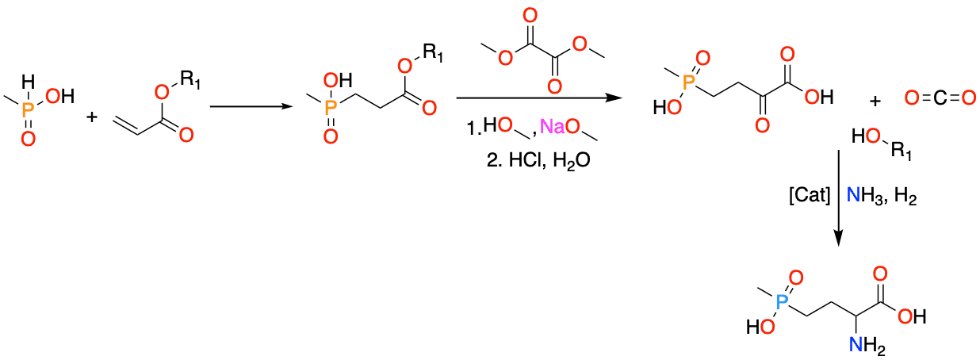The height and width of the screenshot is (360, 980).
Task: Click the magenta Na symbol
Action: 552,126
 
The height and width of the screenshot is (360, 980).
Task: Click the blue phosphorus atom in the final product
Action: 781,302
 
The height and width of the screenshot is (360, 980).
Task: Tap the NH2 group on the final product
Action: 867,345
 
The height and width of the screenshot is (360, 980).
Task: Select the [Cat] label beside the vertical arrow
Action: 810,195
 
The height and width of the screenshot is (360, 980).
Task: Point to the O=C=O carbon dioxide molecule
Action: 940,98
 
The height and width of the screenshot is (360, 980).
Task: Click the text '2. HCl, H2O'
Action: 538,160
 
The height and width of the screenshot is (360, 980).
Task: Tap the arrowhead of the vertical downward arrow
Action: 838,239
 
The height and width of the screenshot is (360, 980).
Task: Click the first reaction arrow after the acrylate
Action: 251,106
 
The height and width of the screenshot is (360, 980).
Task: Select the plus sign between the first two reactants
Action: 92,117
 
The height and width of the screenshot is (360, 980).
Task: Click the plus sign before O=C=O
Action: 875,101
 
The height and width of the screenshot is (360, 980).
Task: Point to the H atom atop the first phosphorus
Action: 28,82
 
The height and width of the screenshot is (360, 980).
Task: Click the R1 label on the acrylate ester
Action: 189,79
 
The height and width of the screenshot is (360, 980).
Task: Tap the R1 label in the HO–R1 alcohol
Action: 902,151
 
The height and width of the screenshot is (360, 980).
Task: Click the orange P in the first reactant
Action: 28,109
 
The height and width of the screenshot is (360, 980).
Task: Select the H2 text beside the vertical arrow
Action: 905,196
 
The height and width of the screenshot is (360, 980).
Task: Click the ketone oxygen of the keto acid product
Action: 762,125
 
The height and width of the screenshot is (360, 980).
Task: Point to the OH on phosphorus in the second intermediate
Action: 337,81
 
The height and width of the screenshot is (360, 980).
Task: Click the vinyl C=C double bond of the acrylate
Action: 126,125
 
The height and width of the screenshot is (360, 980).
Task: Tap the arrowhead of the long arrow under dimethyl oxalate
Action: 614,98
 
